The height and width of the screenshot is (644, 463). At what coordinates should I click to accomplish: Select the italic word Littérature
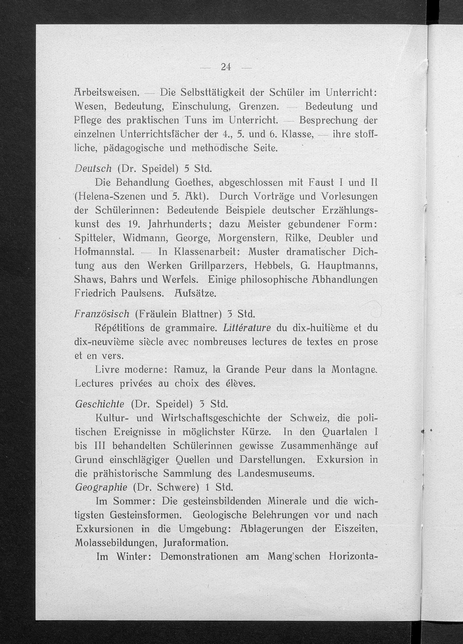(247, 328)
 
